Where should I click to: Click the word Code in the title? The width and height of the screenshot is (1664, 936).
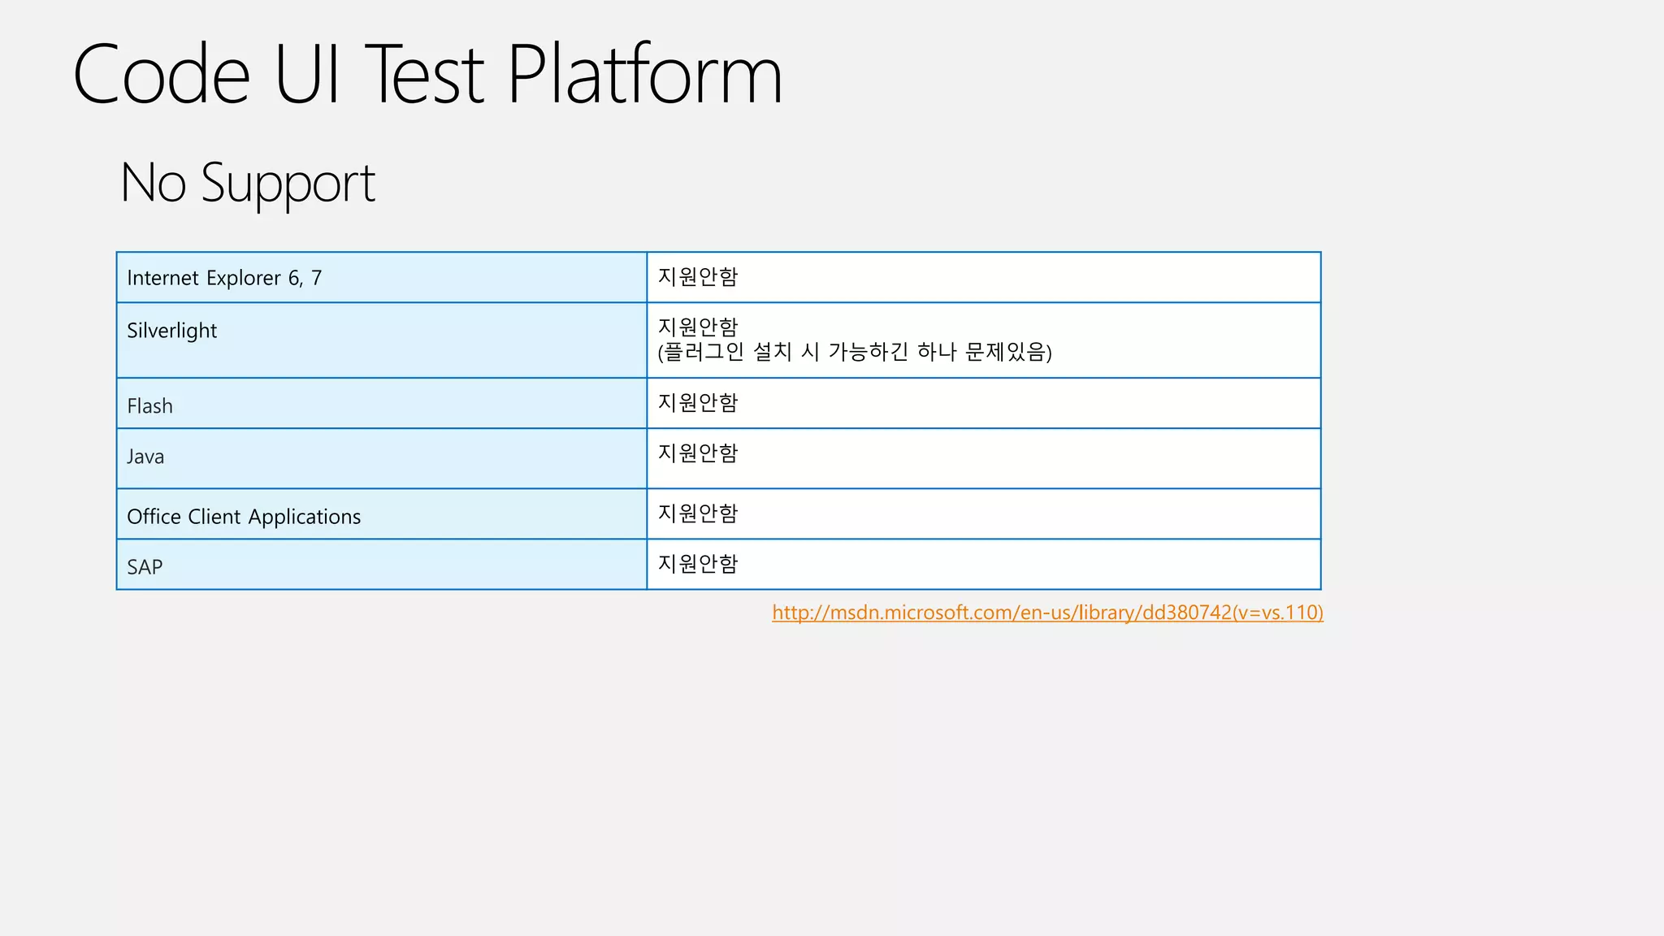(x=161, y=75)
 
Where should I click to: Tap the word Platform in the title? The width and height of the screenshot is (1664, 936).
(x=644, y=75)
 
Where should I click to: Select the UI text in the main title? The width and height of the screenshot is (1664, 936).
(x=306, y=75)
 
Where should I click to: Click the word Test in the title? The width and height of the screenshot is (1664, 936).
(x=424, y=75)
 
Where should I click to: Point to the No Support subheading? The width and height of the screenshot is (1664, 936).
(x=247, y=183)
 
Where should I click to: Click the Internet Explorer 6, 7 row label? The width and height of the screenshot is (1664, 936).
(x=224, y=278)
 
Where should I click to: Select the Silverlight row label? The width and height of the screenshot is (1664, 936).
(x=172, y=331)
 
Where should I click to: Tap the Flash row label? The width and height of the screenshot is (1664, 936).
(x=150, y=405)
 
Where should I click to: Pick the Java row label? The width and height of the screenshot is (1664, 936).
(x=145, y=457)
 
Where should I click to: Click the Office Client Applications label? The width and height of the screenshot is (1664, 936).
(x=244, y=517)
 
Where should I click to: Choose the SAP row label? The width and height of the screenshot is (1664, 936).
(x=145, y=567)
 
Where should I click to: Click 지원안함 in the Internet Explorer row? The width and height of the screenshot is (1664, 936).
(x=697, y=277)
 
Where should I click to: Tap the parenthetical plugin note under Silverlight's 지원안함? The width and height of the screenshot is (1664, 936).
(x=855, y=352)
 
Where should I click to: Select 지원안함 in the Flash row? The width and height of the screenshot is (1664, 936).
(x=697, y=402)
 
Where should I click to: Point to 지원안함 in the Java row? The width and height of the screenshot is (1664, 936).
(x=697, y=453)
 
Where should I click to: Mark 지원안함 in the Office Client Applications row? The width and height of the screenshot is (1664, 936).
(x=697, y=513)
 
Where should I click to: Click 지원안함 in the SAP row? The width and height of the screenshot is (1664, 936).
(x=697, y=563)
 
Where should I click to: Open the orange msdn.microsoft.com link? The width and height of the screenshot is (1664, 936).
(x=1047, y=613)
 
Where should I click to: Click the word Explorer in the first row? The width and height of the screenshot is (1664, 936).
(x=243, y=278)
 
